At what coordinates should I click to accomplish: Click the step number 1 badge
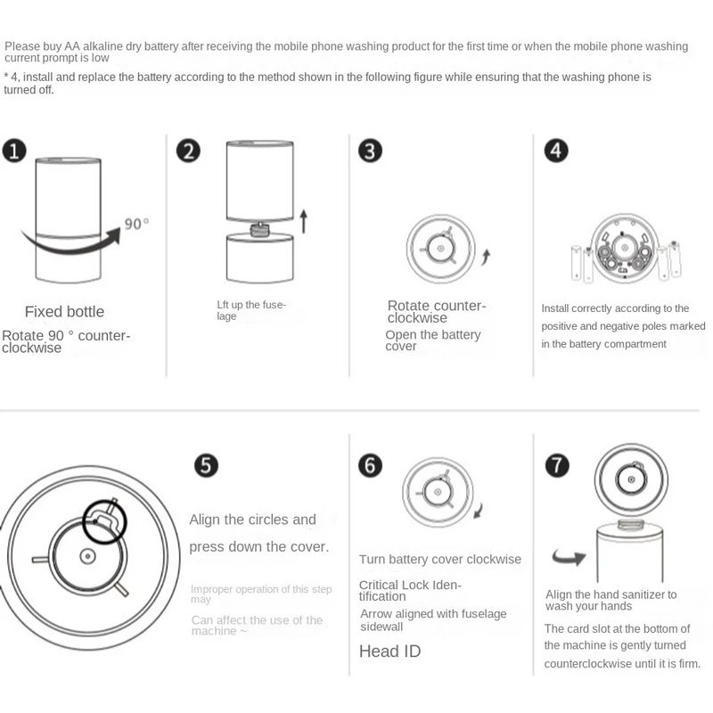[x=14, y=151]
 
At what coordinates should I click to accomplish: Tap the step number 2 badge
[x=188, y=151]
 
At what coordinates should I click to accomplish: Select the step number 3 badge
[x=370, y=151]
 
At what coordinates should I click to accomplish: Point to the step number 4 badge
[x=556, y=151]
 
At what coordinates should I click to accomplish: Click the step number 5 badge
[x=206, y=465]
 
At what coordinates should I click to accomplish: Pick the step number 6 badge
[x=370, y=465]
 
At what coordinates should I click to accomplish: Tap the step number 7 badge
[x=557, y=465]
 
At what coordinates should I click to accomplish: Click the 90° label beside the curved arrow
[x=136, y=224]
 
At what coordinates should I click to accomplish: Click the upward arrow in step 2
[x=304, y=221]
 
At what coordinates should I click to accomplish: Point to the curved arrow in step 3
[x=487, y=257]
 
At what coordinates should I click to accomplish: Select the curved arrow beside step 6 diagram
[x=479, y=510]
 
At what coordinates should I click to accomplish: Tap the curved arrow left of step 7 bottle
[x=570, y=557]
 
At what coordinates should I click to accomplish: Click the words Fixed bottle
[x=64, y=311]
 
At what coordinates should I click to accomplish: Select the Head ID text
[x=389, y=652]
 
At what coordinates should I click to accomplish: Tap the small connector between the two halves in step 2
[x=259, y=229]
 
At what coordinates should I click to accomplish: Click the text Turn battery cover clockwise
[x=440, y=559]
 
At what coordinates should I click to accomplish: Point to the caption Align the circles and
[x=252, y=520]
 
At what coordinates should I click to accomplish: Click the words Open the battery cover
[x=433, y=340]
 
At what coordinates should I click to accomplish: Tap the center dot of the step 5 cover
[x=86, y=556]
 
